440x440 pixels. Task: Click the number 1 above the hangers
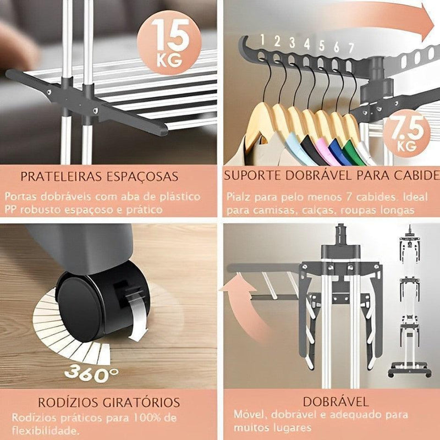coord(263,40)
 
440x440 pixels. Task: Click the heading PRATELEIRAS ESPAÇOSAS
coord(99,177)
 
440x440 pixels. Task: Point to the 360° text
coord(91,373)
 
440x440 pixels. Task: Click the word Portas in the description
coord(21,196)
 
